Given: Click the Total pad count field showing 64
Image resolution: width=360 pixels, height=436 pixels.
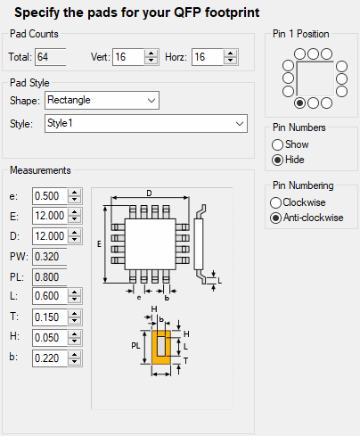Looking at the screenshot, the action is pos(51,57).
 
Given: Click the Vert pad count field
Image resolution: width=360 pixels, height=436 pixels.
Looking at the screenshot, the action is pos(128,57).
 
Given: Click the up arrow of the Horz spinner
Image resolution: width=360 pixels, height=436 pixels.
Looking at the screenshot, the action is pos(230,53).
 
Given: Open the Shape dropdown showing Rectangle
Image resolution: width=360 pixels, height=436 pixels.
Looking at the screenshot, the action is pos(102,100).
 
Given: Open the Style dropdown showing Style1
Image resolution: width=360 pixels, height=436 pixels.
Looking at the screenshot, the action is pos(146,123).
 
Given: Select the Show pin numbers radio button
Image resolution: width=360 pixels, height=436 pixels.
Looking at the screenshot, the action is pos(277,144).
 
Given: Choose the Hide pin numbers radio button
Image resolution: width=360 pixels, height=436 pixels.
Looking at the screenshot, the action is pos(277,160).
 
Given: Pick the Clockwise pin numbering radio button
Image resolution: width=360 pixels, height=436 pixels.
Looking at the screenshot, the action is pos(275,202).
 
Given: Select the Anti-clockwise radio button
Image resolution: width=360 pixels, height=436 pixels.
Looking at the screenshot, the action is pos(275,218).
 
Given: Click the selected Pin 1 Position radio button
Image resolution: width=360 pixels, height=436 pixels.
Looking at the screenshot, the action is pos(299,103).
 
